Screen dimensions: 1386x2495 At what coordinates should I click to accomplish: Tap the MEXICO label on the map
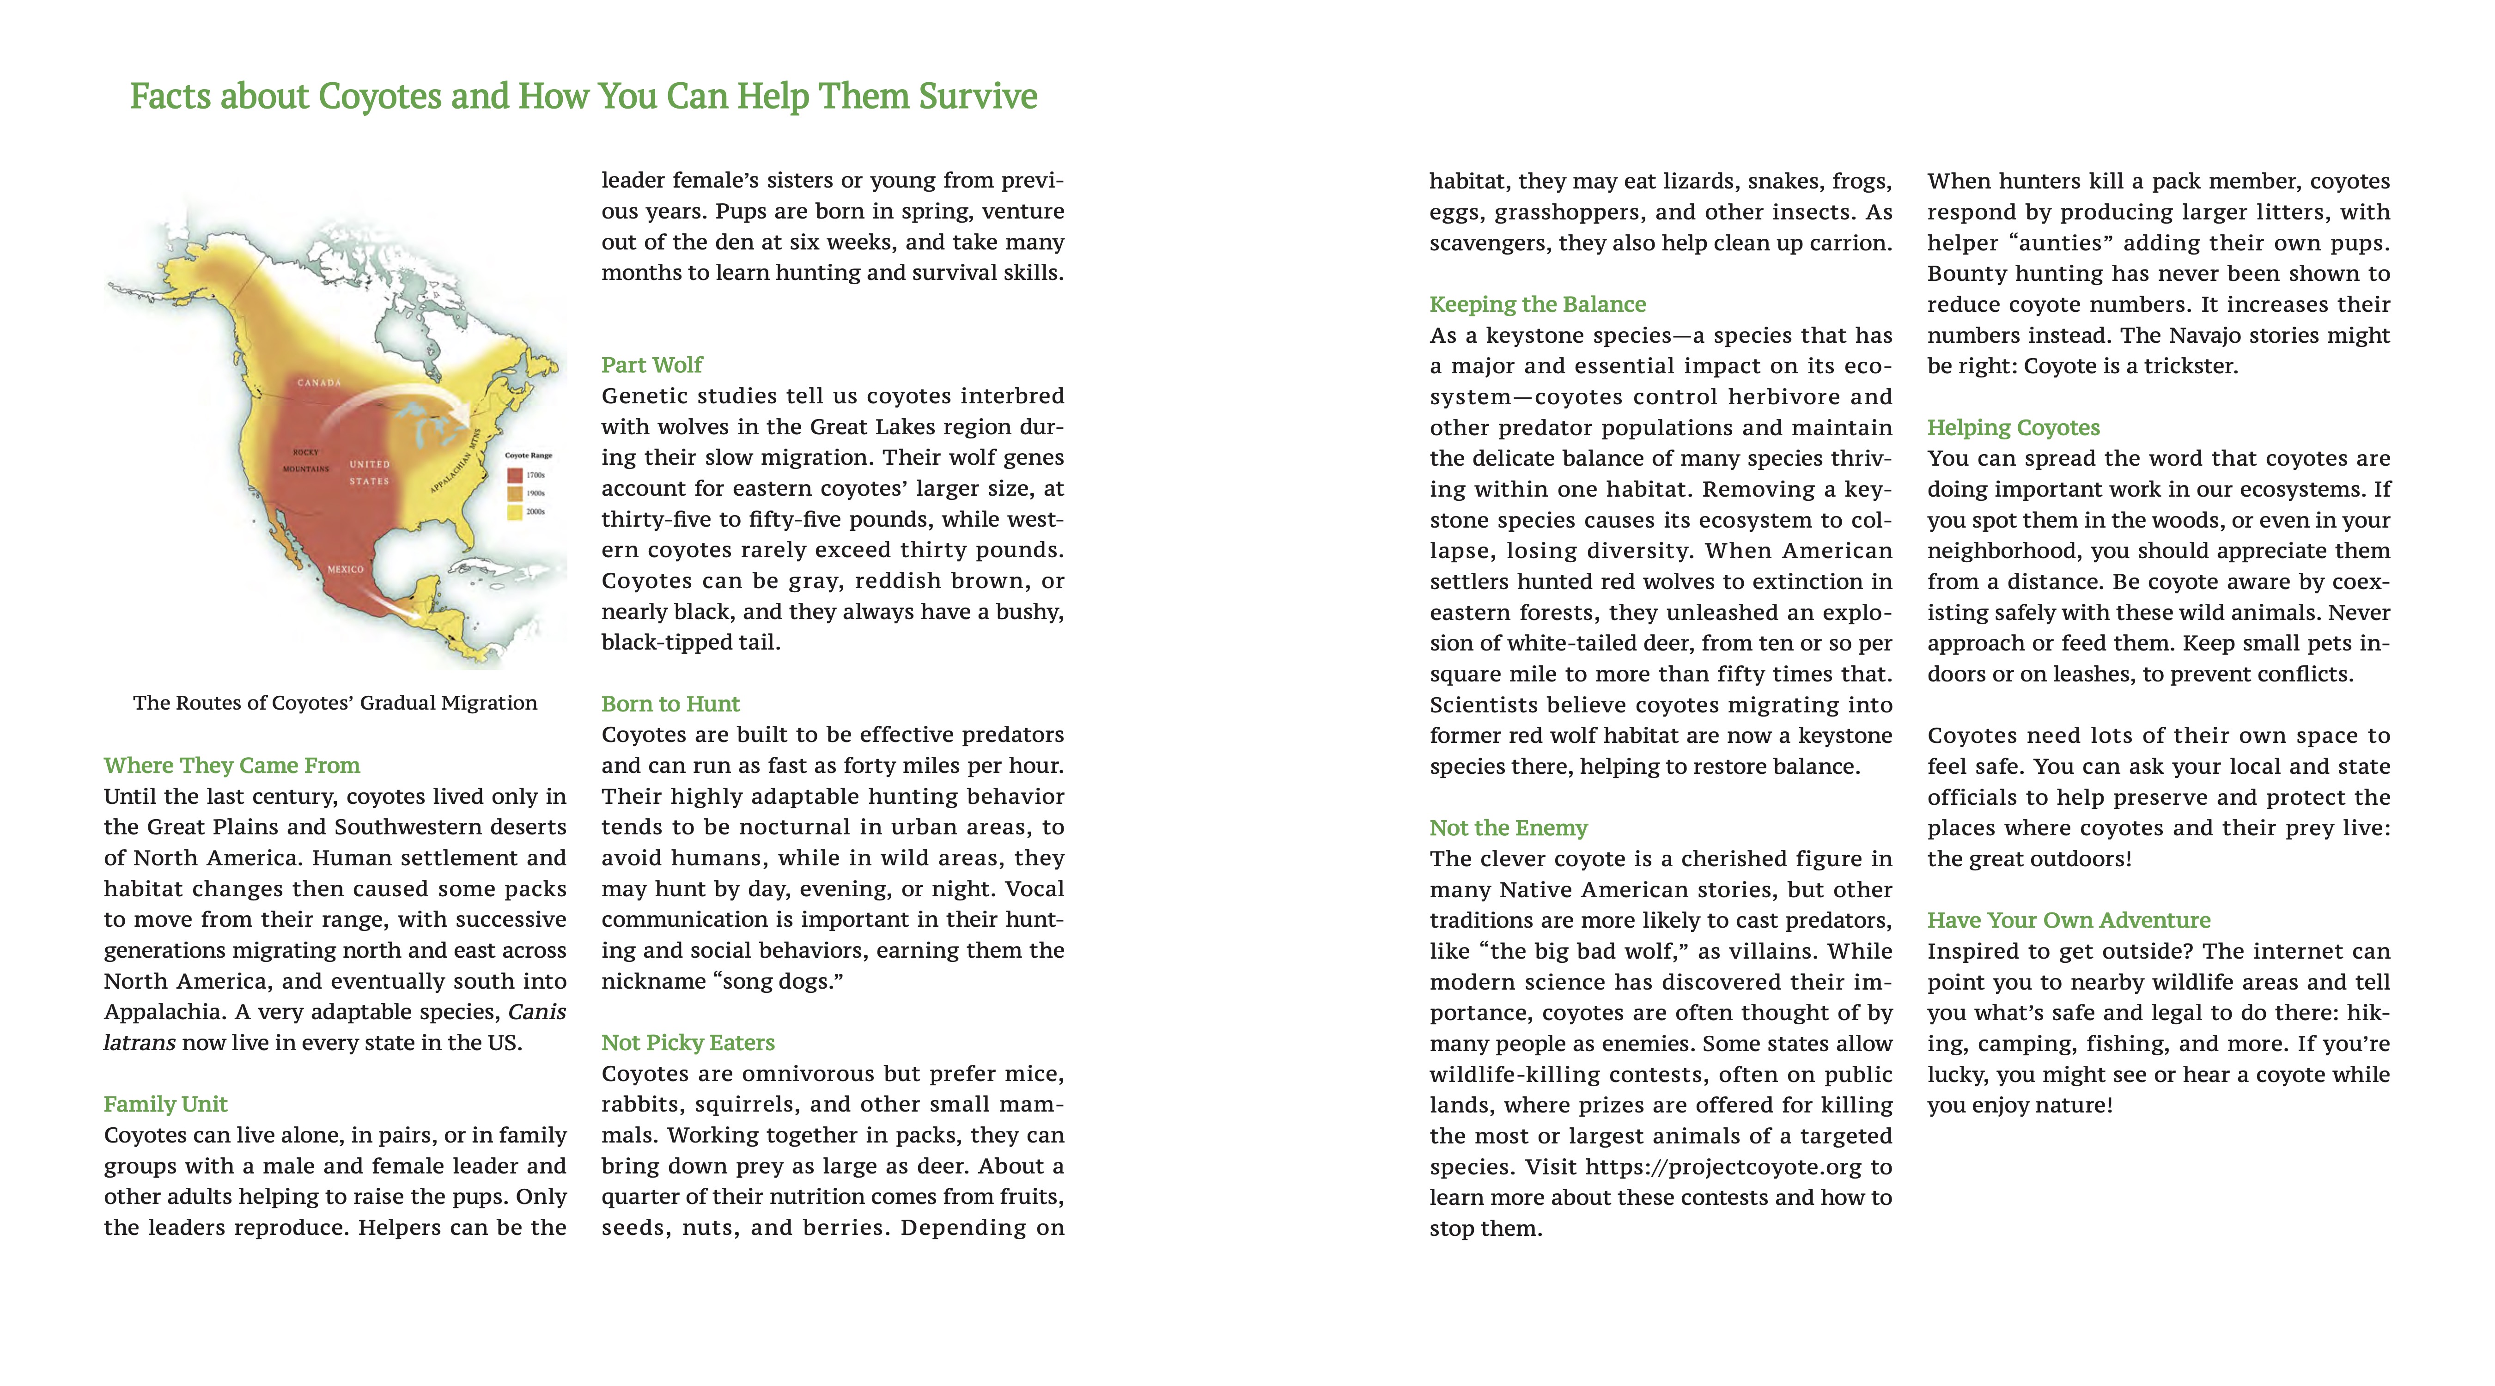point(345,570)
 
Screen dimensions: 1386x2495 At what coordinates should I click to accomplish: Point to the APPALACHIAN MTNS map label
point(457,461)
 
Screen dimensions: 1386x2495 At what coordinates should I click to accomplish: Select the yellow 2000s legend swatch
point(515,511)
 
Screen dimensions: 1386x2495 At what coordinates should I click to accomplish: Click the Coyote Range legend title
point(528,455)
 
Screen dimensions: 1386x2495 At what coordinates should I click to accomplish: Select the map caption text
point(335,703)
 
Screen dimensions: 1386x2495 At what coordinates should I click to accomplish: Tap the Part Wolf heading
point(652,365)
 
